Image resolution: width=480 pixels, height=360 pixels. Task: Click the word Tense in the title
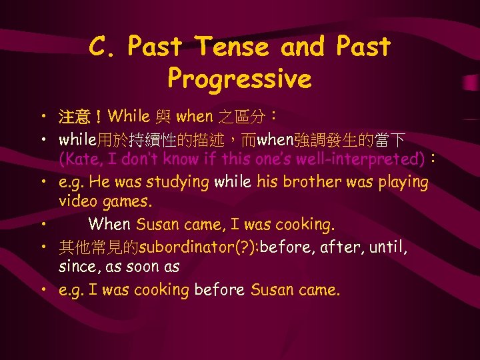pos(231,47)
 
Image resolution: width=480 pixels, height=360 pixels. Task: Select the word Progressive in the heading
pos(239,79)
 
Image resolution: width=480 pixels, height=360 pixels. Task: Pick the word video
pos(77,201)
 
